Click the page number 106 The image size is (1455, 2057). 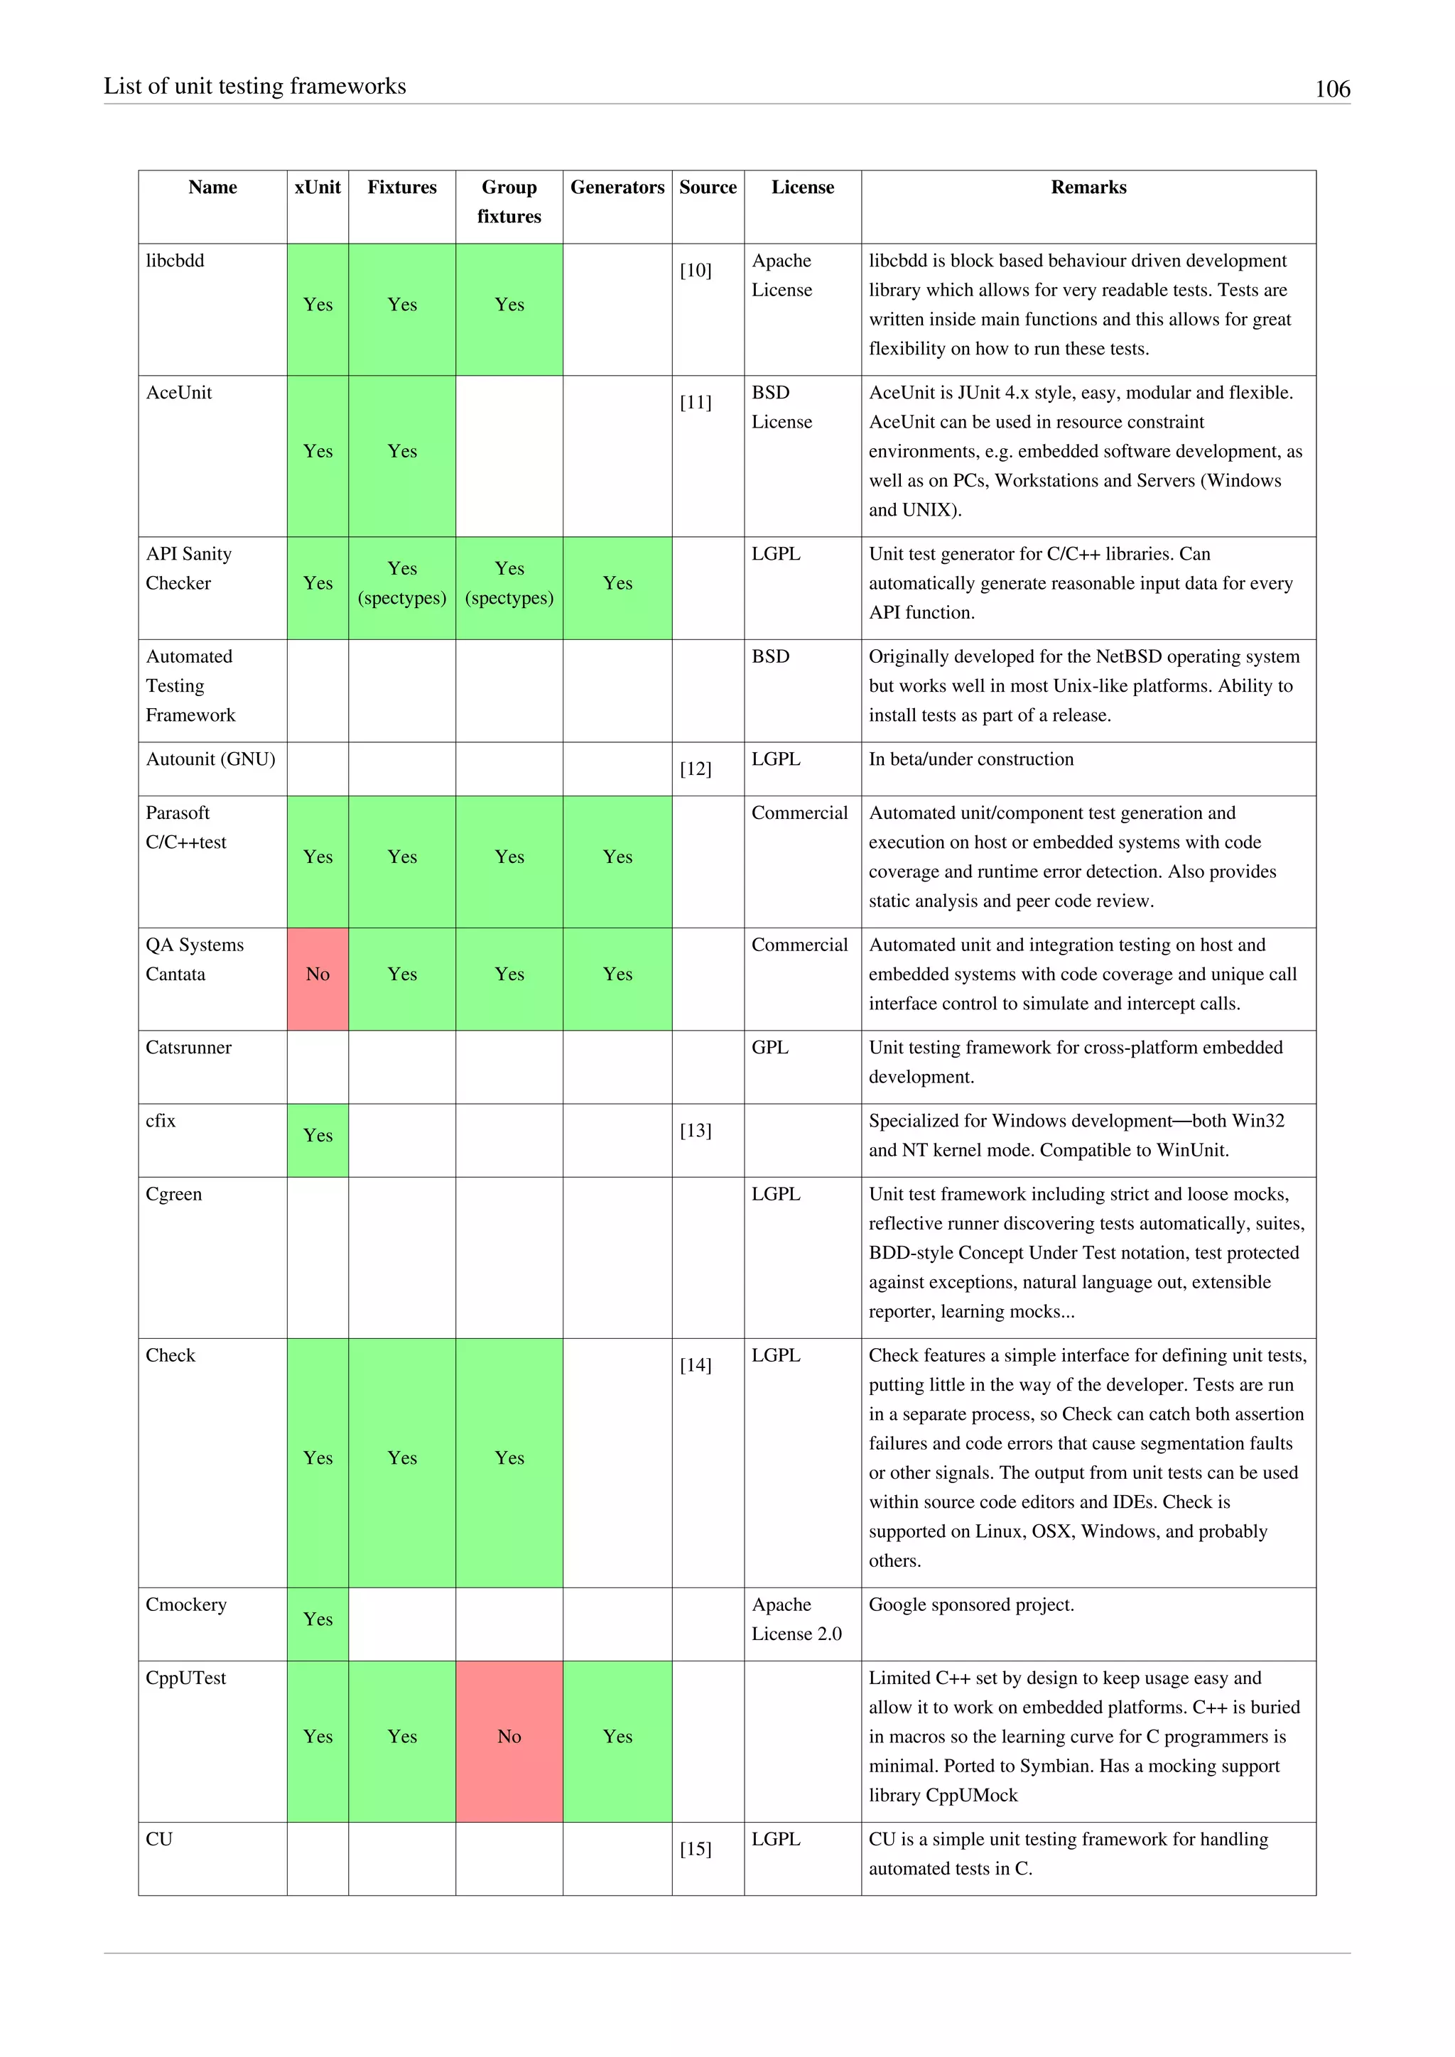(1331, 89)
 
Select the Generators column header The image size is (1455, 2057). (617, 188)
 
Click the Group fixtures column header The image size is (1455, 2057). (509, 202)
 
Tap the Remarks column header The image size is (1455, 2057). (1088, 188)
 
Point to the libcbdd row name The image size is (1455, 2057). (175, 261)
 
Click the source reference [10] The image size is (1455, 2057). (696, 271)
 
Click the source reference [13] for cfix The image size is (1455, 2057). (696, 1131)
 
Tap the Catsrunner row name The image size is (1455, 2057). (189, 1047)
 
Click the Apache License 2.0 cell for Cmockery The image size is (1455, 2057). (796, 1619)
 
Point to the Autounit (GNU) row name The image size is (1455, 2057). (210, 759)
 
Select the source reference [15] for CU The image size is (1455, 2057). (696, 1848)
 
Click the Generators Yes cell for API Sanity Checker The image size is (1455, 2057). (617, 583)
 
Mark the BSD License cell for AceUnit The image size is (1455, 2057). (782, 407)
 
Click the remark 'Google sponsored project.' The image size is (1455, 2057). (971, 1605)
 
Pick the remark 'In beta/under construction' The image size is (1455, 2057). (971, 759)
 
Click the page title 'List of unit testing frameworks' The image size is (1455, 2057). (255, 86)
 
